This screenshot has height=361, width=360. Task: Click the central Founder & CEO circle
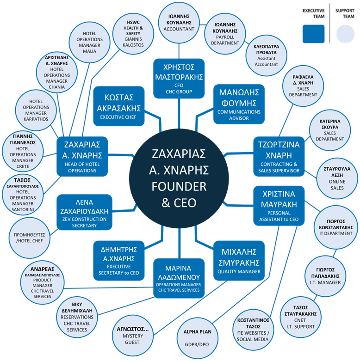(179, 177)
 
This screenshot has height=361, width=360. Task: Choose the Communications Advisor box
(239, 104)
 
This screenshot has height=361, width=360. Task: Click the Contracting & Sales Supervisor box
(279, 157)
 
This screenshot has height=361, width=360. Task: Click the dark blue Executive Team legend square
(313, 33)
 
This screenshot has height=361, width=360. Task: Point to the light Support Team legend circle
(344, 33)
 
